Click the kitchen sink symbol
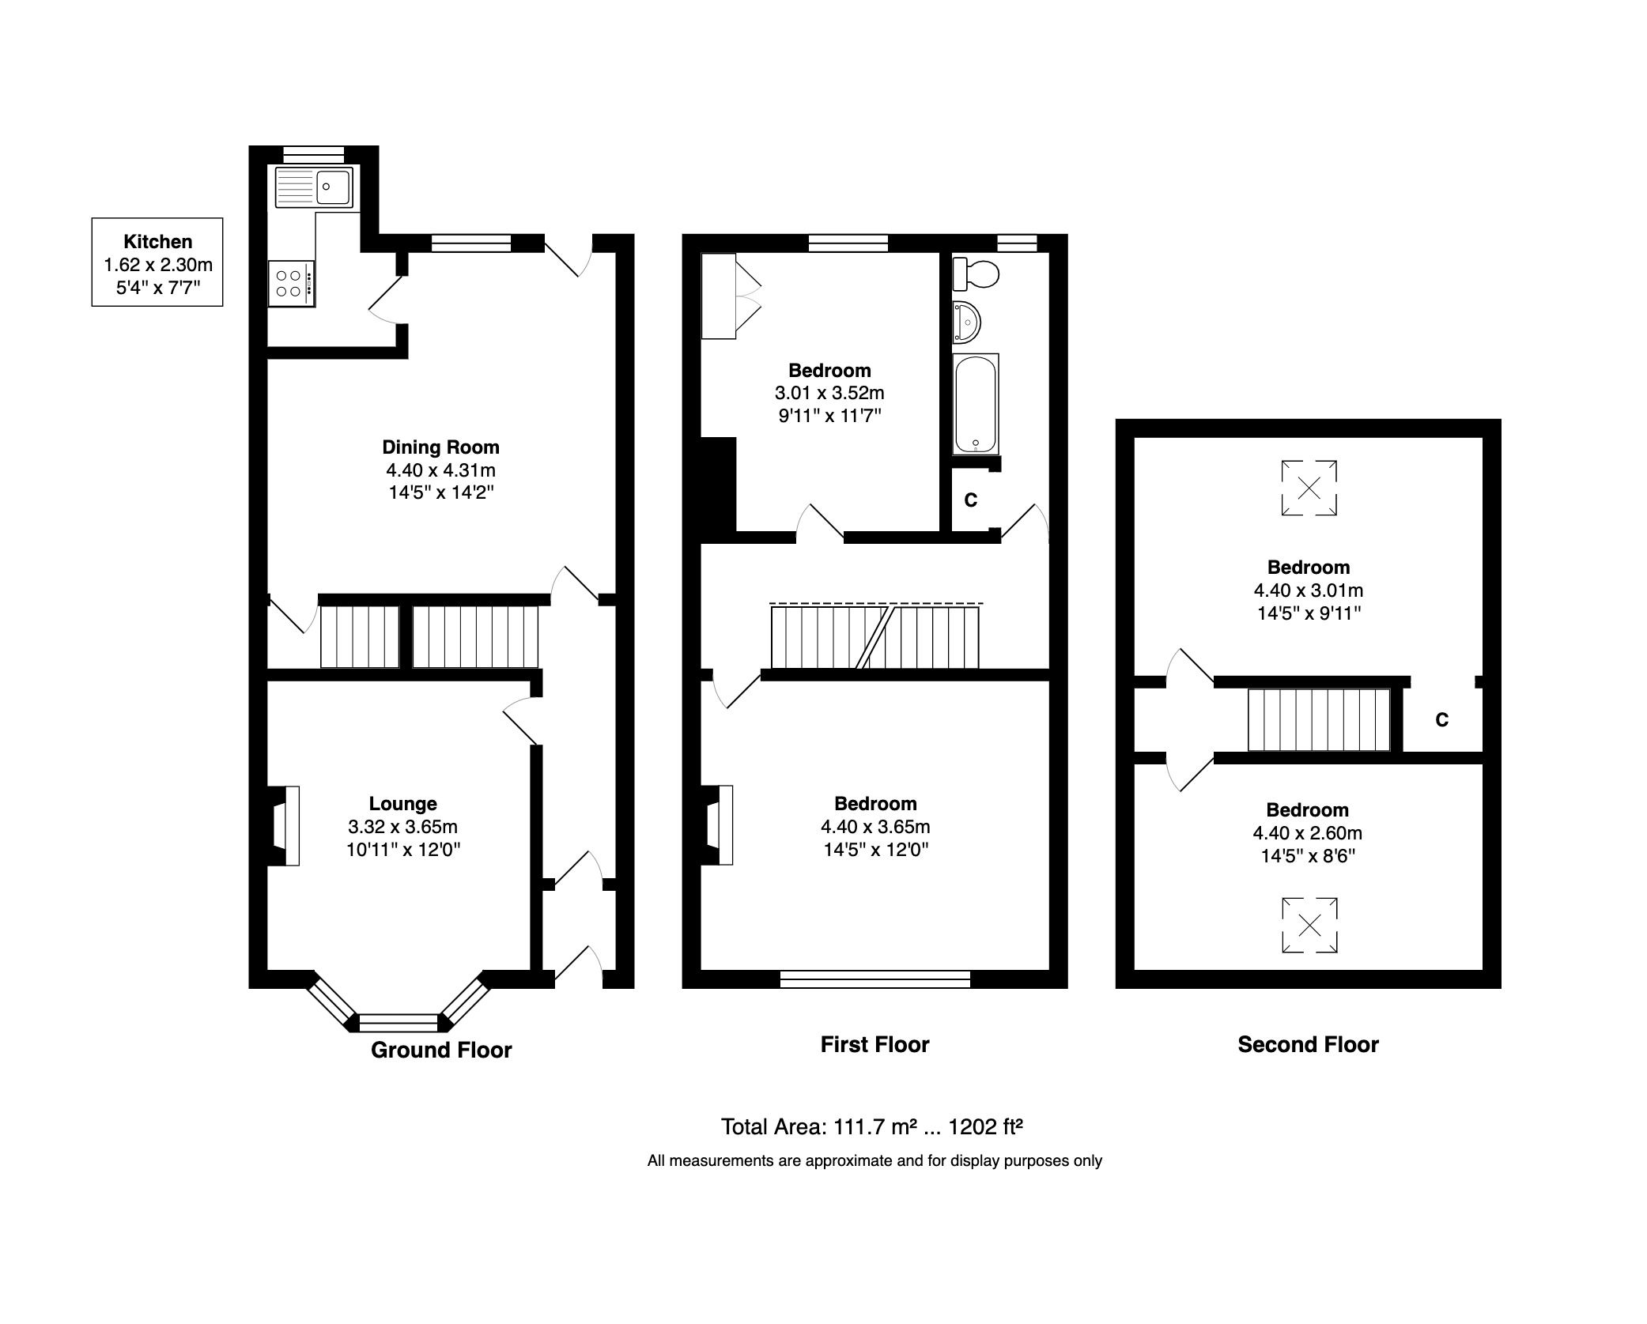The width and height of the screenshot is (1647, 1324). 314,187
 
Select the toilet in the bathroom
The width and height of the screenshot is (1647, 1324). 976,274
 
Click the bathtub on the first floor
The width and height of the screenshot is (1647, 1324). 976,404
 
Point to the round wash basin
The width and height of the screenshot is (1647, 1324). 966,323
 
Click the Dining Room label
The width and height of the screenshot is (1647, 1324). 440,447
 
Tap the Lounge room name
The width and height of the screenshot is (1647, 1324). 402,804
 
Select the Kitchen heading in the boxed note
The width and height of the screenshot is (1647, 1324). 157,242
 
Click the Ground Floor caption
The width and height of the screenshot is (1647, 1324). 441,1050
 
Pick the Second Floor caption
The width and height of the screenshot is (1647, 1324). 1308,1044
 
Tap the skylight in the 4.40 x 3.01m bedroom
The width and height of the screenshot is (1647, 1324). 1309,488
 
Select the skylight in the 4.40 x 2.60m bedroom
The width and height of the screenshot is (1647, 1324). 1309,925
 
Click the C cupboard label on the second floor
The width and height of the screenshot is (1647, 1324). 1441,720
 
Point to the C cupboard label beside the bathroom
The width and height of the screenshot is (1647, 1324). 971,500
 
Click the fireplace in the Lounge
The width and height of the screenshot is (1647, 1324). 284,826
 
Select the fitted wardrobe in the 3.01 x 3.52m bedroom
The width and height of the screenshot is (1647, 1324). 720,296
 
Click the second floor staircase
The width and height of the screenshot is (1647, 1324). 1318,719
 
